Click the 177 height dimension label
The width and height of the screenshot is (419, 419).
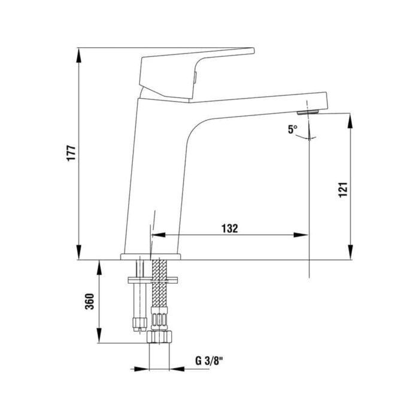point(69,154)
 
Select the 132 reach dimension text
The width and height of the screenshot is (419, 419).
point(230,228)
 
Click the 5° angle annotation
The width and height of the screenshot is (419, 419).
point(292,129)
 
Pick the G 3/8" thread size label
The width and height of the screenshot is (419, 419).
point(209,361)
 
